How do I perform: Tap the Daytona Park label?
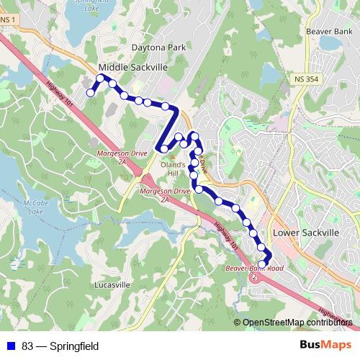tap(159, 48)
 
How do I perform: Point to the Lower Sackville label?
tap(305, 233)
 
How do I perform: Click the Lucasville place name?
tap(112, 284)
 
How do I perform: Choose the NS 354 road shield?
tap(305, 77)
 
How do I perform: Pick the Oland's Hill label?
tap(173, 168)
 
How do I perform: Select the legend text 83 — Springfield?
tap(60, 346)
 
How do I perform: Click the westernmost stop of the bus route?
tap(91, 92)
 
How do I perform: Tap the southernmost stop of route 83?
tap(261, 264)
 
